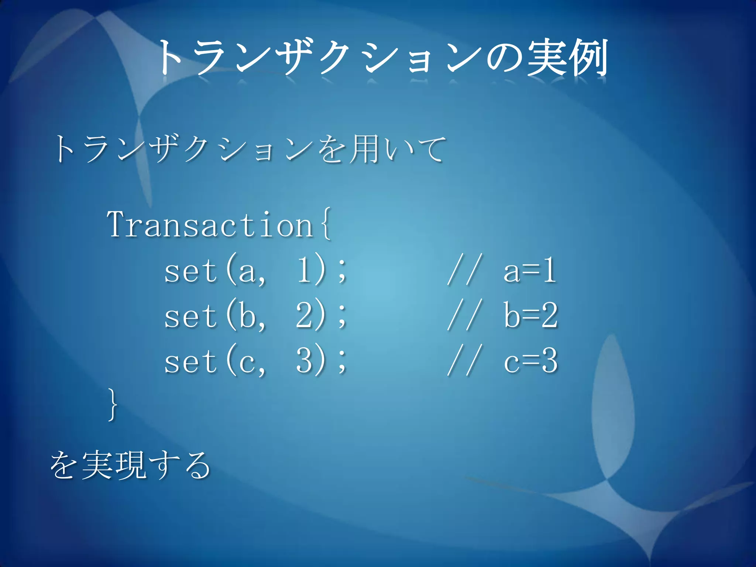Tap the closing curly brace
[x=113, y=404]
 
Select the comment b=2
[x=530, y=316]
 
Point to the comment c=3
[x=530, y=361]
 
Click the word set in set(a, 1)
[x=190, y=271]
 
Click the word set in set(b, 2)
[x=190, y=316]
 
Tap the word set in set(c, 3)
[x=190, y=361]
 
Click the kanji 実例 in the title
[x=567, y=57]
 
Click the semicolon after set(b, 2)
[x=342, y=317]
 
